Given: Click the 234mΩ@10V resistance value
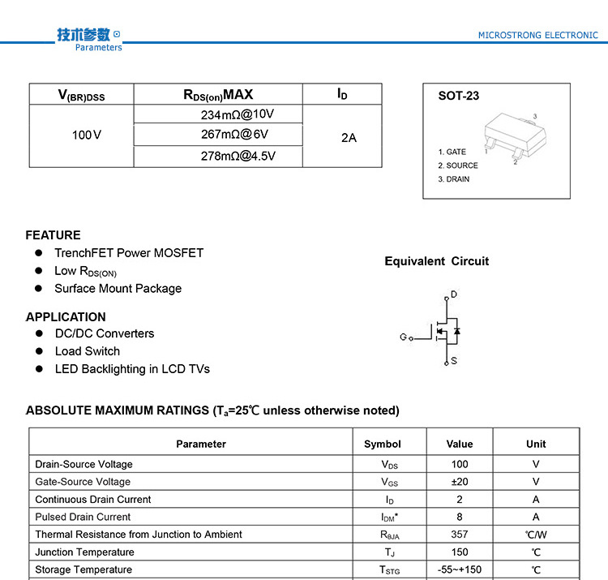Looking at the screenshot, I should pyautogui.click(x=238, y=114).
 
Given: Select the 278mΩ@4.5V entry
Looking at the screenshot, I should pyautogui.click(x=238, y=156).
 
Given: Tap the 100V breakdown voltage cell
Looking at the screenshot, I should pyautogui.click(x=87, y=135).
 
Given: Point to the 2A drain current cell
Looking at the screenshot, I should pyautogui.click(x=349, y=137).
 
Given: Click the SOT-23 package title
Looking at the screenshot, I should pyautogui.click(x=459, y=96).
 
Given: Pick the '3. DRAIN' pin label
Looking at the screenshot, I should pyautogui.click(x=454, y=179).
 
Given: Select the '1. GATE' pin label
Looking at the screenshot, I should pyautogui.click(x=452, y=152).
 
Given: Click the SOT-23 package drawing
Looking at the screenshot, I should pyautogui.click(x=510, y=137).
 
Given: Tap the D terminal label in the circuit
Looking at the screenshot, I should pyautogui.click(x=454, y=294).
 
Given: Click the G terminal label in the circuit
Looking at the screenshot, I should pyautogui.click(x=403, y=337).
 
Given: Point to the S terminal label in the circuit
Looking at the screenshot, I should pyautogui.click(x=454, y=361).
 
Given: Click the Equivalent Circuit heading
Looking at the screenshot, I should pyautogui.click(x=437, y=261).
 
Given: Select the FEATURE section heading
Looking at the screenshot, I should pyautogui.click(x=54, y=235).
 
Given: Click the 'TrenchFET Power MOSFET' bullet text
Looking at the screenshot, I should pyautogui.click(x=129, y=253).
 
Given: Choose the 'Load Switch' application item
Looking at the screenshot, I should pyautogui.click(x=87, y=351).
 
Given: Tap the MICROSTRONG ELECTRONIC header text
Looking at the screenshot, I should pyautogui.click(x=538, y=36).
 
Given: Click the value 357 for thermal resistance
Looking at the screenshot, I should pyautogui.click(x=460, y=535).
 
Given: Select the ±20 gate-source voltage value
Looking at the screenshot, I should pyautogui.click(x=460, y=482).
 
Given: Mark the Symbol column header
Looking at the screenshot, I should pyautogui.click(x=383, y=444).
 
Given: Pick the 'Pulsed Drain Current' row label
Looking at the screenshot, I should pyautogui.click(x=83, y=517).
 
